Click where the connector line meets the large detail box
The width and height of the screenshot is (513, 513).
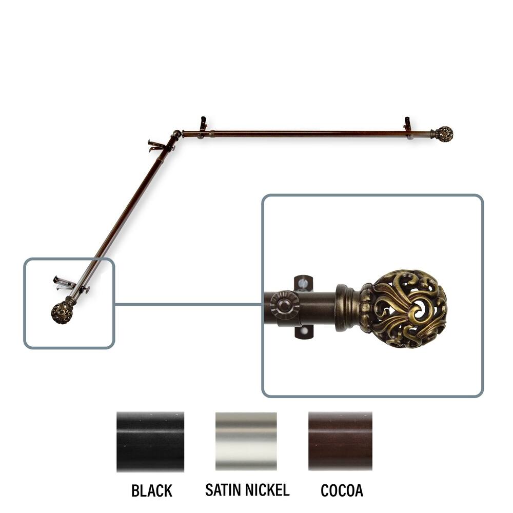(262, 304)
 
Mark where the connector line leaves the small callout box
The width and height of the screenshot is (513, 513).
(114, 304)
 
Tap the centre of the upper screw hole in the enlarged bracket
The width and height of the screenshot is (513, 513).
(304, 281)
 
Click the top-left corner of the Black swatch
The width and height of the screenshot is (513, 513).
(117, 412)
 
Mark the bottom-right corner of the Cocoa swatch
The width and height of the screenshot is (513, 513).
(372, 470)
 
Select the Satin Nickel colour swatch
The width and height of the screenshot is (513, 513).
(246, 441)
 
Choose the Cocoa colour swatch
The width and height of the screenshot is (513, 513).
(340, 441)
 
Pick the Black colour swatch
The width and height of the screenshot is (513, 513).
(150, 442)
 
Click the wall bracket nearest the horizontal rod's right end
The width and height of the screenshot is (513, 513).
(408, 128)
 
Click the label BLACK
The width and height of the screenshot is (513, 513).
(152, 490)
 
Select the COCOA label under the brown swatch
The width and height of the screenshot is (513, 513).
(342, 490)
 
